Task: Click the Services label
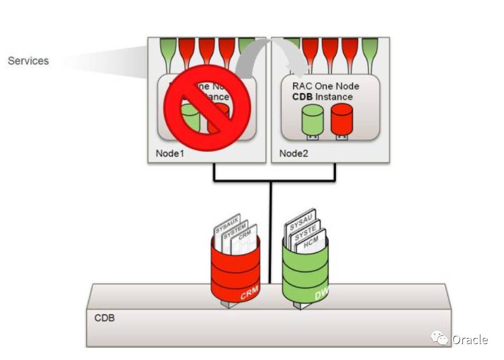tap(28, 60)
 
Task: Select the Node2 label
tap(294, 153)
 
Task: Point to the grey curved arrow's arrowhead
tap(299, 71)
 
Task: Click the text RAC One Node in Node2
tap(326, 86)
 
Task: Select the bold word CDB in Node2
tap(302, 97)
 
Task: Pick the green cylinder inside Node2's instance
tap(311, 120)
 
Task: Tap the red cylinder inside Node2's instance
tap(341, 120)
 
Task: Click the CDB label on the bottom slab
tap(104, 318)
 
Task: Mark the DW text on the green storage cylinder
tap(322, 295)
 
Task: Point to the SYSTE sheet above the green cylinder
tap(306, 232)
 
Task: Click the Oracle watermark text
tap(469, 340)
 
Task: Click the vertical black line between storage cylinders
tap(270, 230)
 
